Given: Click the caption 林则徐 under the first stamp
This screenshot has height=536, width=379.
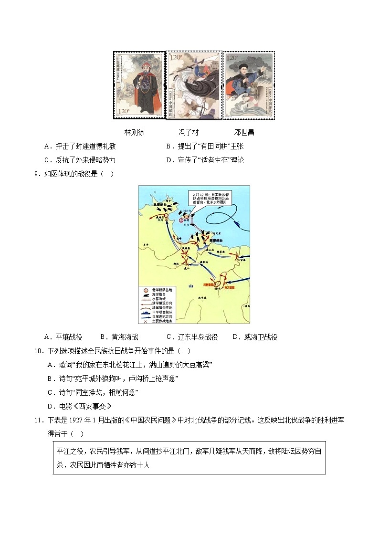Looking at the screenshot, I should coord(134,132).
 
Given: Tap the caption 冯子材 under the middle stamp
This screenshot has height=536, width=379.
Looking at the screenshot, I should coord(189,132).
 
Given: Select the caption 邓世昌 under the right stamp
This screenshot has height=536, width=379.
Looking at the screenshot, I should coord(244,132).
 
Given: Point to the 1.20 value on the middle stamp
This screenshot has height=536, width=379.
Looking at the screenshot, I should coord(176,58).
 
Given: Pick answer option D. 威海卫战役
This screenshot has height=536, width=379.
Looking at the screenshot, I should coord(255,337).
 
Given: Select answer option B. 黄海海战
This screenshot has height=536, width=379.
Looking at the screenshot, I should coord(119,337).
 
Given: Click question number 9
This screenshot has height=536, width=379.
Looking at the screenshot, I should coord(37,173).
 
